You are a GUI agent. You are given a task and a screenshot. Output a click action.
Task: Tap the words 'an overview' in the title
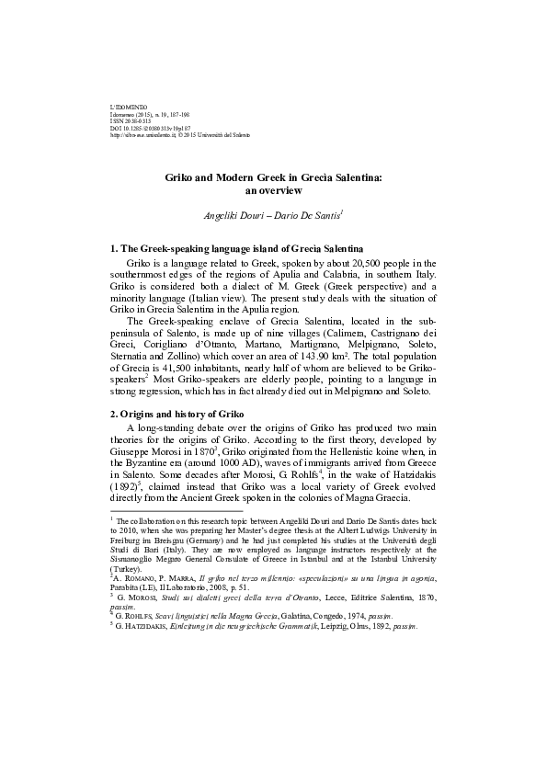click(x=272, y=191)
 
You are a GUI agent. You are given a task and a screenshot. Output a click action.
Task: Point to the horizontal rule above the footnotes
click(x=176, y=511)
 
